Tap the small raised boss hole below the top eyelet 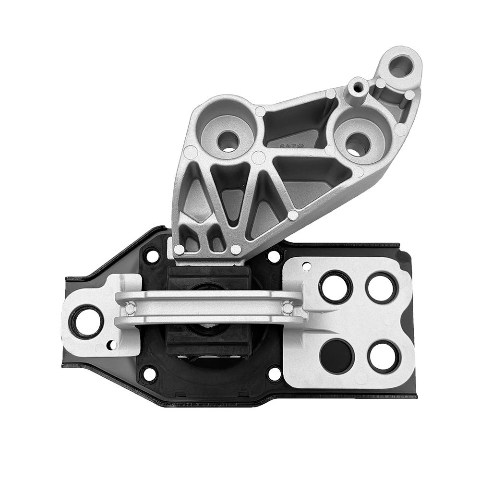[358, 88]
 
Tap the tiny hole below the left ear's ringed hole [111, 344]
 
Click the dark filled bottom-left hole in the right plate [336, 356]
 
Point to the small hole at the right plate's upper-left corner [306, 265]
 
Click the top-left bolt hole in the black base [152, 255]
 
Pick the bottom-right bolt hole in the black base [275, 373]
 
